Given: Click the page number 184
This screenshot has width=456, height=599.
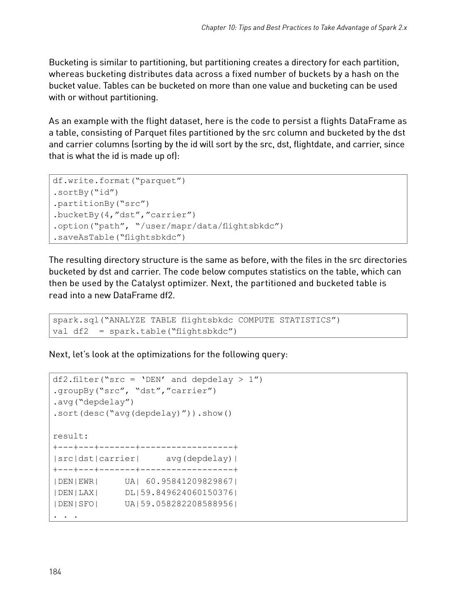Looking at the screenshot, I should coord(55,572).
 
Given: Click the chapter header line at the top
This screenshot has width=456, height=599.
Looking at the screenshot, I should coord(304,27).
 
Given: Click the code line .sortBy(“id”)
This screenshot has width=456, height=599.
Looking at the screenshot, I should coord(86,192).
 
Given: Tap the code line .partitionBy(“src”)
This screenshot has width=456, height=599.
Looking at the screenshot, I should coord(101,203).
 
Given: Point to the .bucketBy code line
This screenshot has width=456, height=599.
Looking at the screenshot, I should coord(124,215).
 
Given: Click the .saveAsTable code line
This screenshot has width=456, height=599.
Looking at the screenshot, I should coord(119,237).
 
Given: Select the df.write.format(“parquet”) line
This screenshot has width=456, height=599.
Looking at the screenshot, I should coord(119,181).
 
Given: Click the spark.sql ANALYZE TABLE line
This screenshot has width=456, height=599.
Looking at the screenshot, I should coord(196,320).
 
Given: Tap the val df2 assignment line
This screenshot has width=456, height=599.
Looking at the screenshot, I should coord(145,331).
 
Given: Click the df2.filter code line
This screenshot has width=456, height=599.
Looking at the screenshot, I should coord(158,379).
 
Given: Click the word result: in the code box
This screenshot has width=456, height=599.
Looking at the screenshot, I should coord(70,436).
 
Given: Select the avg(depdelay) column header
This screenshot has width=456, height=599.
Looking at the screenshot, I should coord(200,458).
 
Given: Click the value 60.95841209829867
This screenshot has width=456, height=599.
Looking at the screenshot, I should coord(190,481).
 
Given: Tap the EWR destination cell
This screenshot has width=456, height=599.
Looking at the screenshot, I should coord(86,481).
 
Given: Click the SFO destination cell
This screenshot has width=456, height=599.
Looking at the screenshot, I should coord(86,504).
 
